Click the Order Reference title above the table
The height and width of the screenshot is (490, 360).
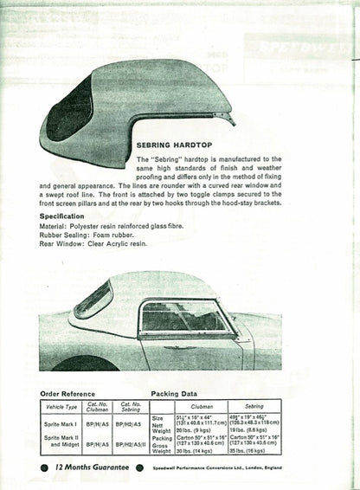coord(73,393)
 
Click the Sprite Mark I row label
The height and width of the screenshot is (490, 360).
coord(61,422)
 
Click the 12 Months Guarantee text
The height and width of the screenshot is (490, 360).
coord(91,467)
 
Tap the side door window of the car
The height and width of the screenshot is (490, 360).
coord(184,317)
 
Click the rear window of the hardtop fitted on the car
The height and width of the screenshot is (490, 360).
coord(93,300)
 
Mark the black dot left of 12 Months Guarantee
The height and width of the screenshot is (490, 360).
coord(44,467)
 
